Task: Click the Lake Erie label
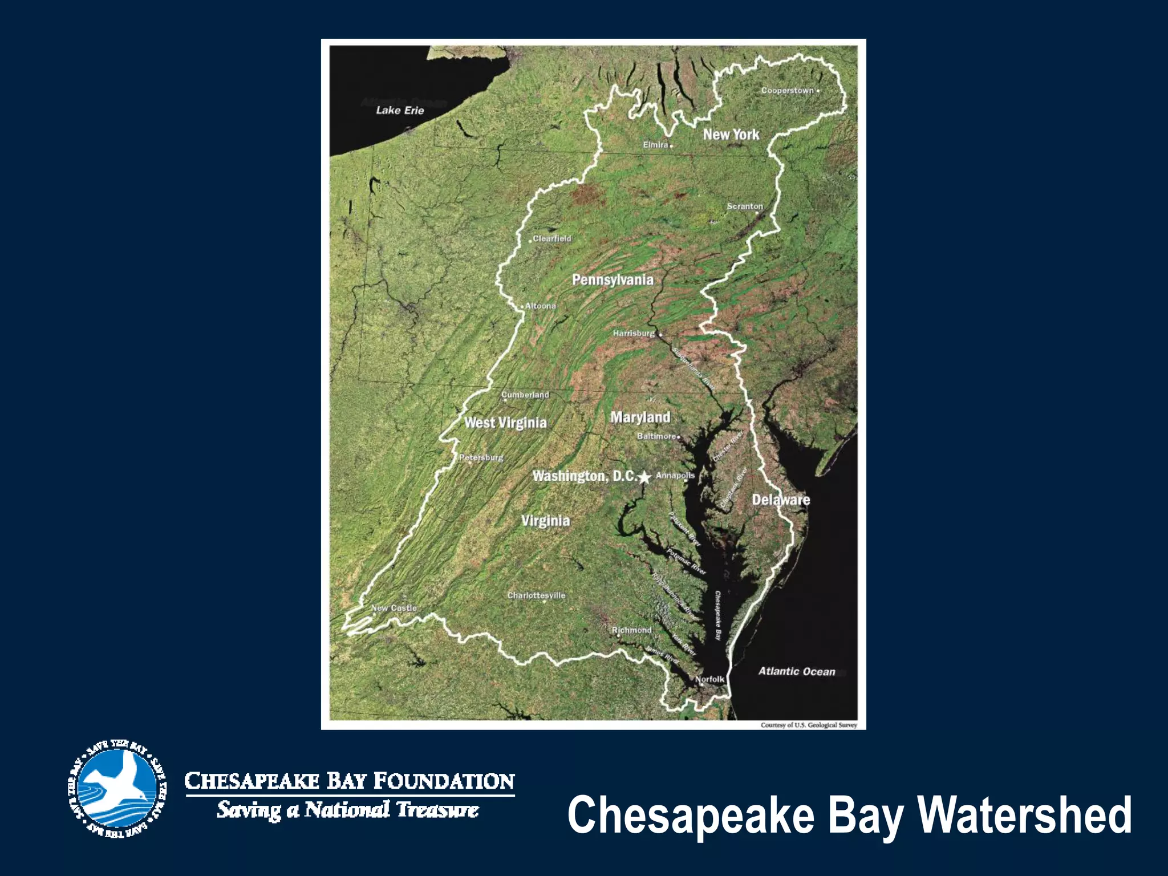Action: tap(400, 110)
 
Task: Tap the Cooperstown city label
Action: tap(788, 91)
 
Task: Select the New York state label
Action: tap(731, 135)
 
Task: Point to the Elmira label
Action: tap(656, 145)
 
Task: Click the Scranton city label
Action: tap(744, 206)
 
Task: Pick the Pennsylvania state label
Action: tap(613, 279)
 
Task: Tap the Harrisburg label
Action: tap(634, 333)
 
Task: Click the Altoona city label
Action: tap(540, 306)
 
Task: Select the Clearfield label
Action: tap(551, 238)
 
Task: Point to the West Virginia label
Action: tap(505, 423)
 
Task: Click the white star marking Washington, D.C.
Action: tap(644, 477)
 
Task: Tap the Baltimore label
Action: tap(656, 436)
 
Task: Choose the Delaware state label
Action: tap(781, 500)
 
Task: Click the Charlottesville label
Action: tap(536, 595)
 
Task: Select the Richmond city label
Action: tap(631, 630)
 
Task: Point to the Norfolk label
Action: tap(710, 679)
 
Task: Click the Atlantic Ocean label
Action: tap(797, 671)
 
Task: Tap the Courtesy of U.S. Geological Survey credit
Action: tap(809, 725)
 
